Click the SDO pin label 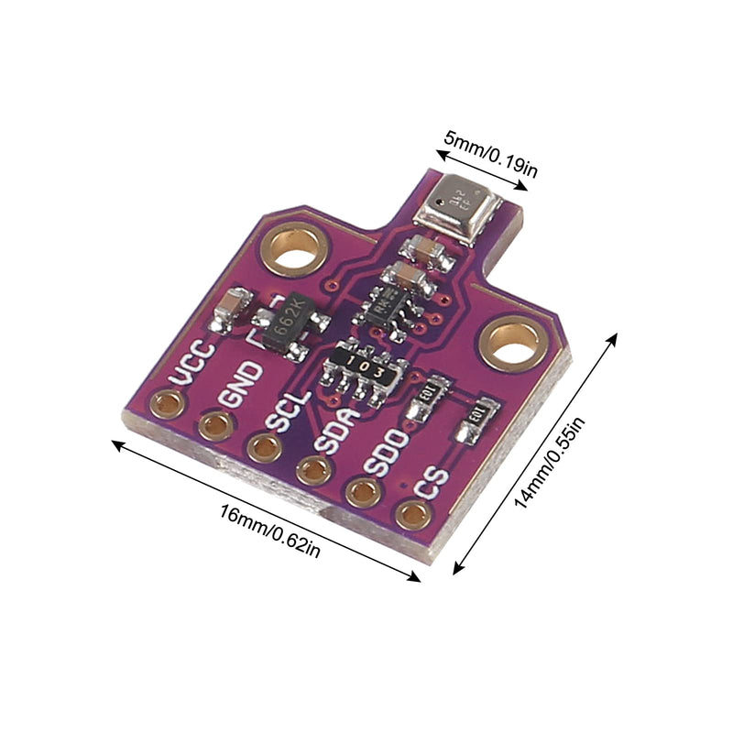(x=385, y=454)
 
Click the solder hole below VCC (x=168, y=403)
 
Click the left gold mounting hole (x=295, y=247)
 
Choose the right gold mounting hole (x=510, y=341)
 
